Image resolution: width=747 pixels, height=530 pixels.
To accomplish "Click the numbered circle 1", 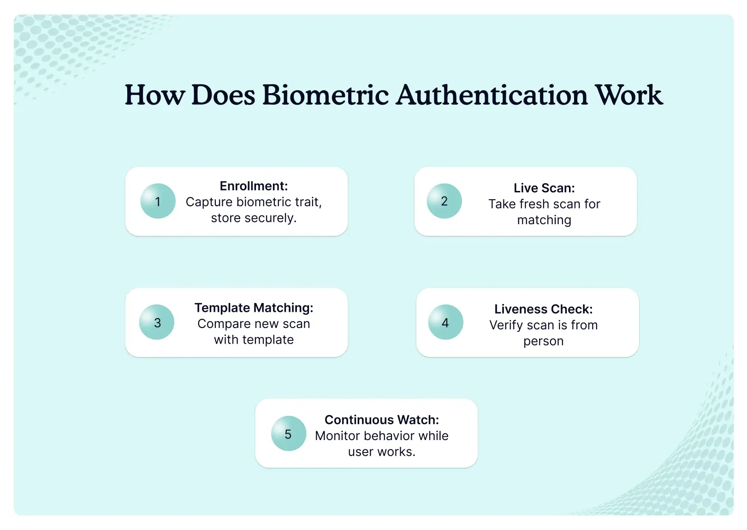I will point(158,201).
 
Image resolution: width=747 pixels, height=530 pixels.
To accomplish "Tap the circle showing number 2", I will point(444,201).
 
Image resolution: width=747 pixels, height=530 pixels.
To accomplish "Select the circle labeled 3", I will point(157,322).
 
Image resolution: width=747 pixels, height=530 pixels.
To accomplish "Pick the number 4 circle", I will point(445,322).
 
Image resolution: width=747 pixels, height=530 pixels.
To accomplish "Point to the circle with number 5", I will point(288,434).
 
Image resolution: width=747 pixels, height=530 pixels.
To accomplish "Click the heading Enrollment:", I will point(254,186).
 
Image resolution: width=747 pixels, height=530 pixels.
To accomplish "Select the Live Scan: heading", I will point(544,188).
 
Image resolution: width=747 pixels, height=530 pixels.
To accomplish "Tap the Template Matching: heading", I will point(254,308).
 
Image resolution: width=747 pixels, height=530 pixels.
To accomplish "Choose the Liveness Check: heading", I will point(543,309).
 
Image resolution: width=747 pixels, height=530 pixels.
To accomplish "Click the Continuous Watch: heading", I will point(382,420).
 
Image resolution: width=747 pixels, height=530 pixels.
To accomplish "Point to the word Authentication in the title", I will point(492,95).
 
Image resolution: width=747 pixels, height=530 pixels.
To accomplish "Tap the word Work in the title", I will point(628,95).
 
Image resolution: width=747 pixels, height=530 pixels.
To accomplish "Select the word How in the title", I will point(155,95).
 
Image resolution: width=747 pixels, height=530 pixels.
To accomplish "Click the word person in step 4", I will point(543,341).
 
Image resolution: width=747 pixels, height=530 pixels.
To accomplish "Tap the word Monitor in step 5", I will point(337,436).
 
